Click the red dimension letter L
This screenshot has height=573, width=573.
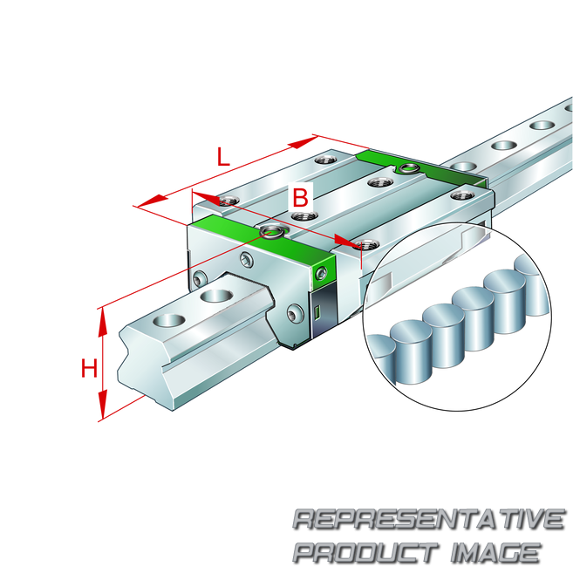[223, 156]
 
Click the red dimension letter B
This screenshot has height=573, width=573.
[300, 198]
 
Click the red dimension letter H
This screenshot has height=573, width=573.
[89, 368]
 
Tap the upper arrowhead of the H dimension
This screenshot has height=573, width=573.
[103, 323]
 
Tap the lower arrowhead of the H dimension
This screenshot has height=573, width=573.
[103, 404]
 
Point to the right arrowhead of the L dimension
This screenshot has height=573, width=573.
[303, 142]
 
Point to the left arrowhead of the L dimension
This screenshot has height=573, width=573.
[153, 201]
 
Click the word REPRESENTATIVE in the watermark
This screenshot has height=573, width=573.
[429, 519]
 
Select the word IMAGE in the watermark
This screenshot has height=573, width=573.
[496, 552]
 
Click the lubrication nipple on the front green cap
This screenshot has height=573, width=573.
[271, 232]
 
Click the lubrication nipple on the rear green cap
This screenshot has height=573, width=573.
[408, 169]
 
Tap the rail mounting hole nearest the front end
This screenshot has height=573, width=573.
[169, 320]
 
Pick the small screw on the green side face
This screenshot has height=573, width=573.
[321, 273]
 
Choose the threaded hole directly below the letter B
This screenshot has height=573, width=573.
[304, 216]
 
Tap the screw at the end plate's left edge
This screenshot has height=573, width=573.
[200, 280]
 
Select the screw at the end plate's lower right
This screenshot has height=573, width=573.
[295, 313]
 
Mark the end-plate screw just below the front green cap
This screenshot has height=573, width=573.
[246, 260]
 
